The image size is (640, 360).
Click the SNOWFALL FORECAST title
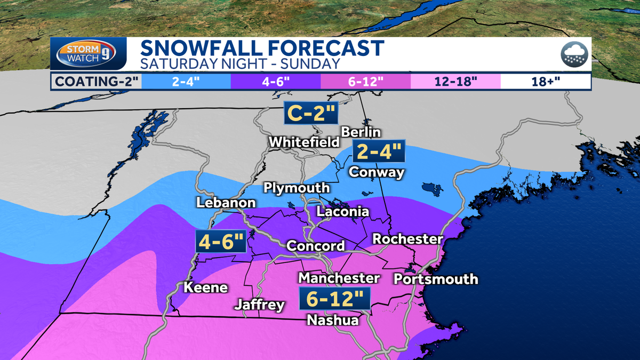[262, 48]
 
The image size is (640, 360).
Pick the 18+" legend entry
[546, 82]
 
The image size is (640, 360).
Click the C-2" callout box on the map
[308, 113]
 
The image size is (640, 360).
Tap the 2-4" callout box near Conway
[378, 153]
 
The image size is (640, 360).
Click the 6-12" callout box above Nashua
[334, 299]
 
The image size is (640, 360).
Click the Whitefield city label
[304, 142]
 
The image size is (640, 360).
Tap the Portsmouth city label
[436, 279]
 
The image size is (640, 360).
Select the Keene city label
[205, 287]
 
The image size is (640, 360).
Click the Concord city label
[316, 246]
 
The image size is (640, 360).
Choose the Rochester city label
[407, 238]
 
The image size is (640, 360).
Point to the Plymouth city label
[297, 189]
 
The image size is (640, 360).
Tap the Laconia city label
[343, 212]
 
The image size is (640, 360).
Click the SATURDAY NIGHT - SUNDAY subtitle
[239, 64]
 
